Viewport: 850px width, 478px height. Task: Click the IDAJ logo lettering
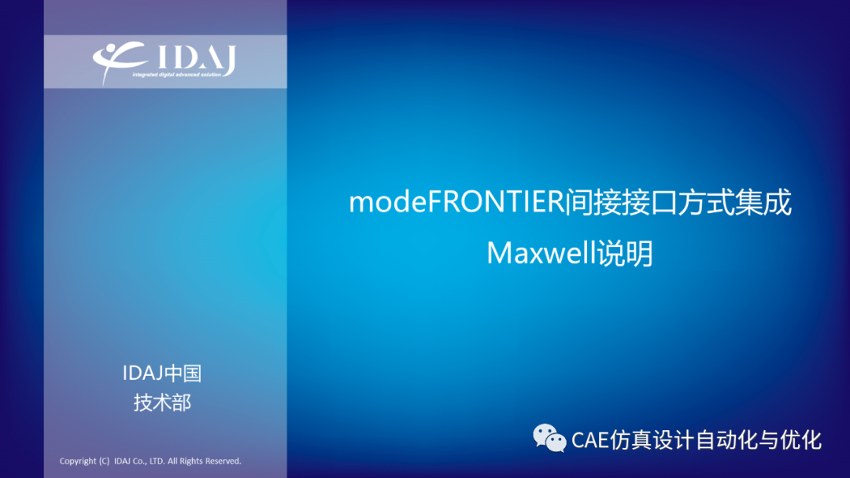197,58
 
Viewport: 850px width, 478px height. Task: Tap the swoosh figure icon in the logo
118,60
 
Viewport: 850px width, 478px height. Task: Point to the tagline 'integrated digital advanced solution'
177,75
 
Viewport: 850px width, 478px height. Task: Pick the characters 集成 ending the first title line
763,202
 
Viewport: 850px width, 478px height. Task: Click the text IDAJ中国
161,373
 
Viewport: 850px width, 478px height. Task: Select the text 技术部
162,403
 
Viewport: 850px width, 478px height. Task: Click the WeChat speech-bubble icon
549,438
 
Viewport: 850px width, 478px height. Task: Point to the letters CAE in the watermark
590,440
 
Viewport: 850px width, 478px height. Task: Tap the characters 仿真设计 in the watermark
652,439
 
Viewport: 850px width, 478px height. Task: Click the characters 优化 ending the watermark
800,439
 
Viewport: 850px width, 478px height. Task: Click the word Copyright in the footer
77,461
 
